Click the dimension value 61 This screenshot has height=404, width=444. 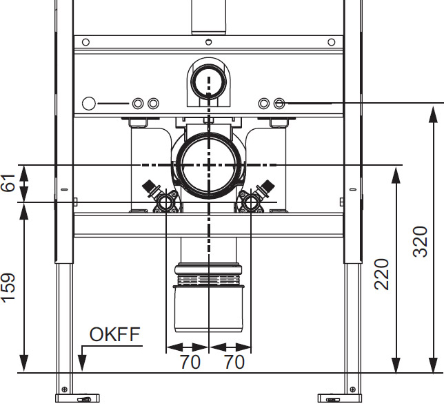[8, 183]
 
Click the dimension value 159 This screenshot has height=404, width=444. [8, 288]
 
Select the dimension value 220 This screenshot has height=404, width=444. [381, 274]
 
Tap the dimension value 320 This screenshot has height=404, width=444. [421, 242]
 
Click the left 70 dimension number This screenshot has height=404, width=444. [190, 362]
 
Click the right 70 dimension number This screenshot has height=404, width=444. [234, 362]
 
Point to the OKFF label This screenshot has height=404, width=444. [114, 334]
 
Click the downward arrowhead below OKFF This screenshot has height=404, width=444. [82, 363]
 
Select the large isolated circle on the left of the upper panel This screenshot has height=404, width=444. [89, 104]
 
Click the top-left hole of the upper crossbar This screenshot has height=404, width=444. [85, 42]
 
